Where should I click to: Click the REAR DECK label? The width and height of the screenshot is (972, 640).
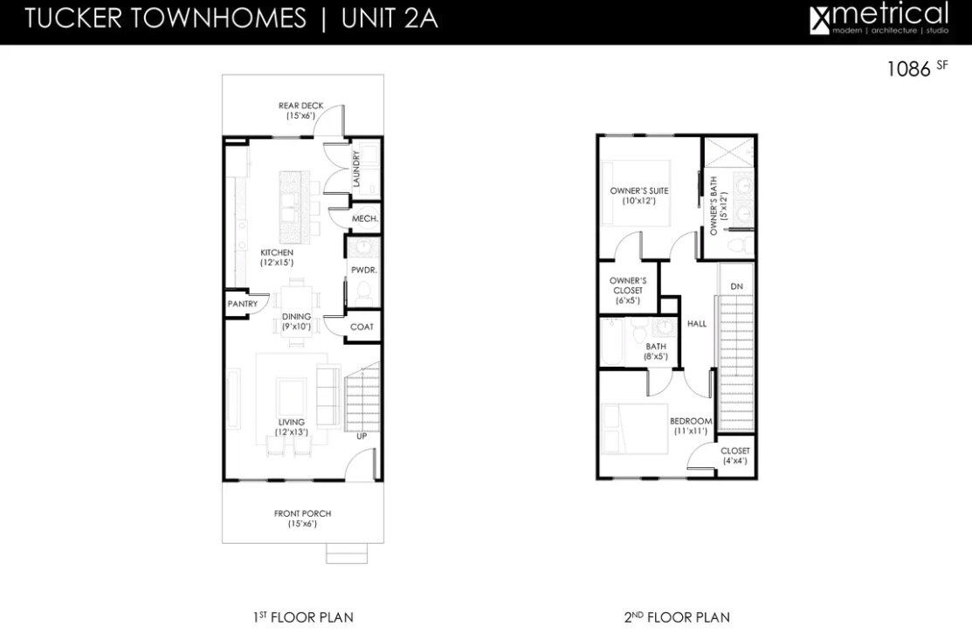300,110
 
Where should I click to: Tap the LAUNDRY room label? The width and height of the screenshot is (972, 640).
357,169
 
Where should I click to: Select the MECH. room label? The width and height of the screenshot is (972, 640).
363,218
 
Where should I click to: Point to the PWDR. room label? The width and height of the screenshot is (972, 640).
363,271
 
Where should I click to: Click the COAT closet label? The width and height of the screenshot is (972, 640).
362,327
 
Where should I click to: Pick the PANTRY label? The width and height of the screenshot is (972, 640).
242,304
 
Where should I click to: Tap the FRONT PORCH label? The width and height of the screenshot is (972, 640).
302,519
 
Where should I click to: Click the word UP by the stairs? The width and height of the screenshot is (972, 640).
362,436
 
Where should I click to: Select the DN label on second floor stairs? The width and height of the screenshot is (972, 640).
736,286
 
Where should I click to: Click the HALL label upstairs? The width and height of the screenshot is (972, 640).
697,324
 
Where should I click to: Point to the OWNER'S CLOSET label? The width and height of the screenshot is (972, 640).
626,290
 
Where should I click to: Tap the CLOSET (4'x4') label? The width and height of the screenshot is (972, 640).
734,456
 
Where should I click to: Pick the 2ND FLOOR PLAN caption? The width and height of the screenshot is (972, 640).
677,617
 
